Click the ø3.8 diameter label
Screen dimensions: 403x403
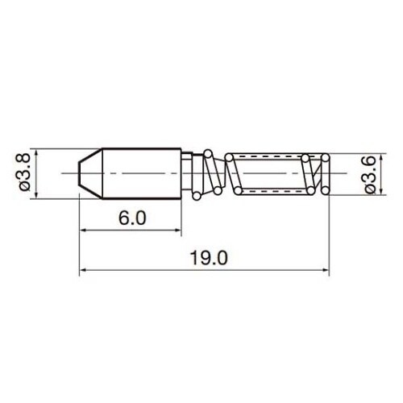tap(24, 173)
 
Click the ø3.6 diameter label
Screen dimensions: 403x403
tap(371, 174)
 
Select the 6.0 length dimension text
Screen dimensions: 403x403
tap(132, 218)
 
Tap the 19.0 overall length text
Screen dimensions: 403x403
tap(209, 257)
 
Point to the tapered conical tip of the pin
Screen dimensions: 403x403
tap(90, 173)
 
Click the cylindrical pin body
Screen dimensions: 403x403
tap(141, 173)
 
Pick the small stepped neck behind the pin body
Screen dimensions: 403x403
tap(187, 173)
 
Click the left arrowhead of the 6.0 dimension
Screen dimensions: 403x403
tap(83, 230)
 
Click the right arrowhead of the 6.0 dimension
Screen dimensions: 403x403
tap(178, 230)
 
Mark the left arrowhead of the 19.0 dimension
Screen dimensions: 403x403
tap(83, 270)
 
